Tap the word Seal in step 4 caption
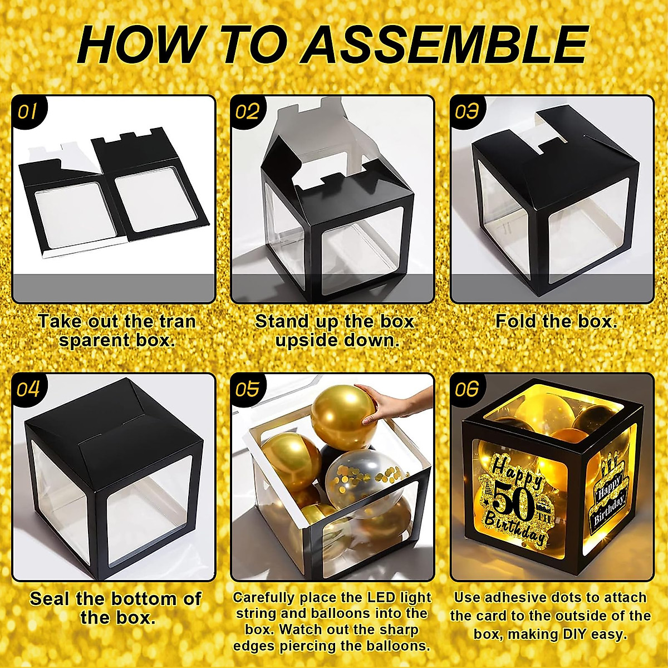tap(50, 599)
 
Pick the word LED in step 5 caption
tap(380, 598)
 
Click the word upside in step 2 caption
tap(303, 340)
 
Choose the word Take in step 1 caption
tap(58, 321)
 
